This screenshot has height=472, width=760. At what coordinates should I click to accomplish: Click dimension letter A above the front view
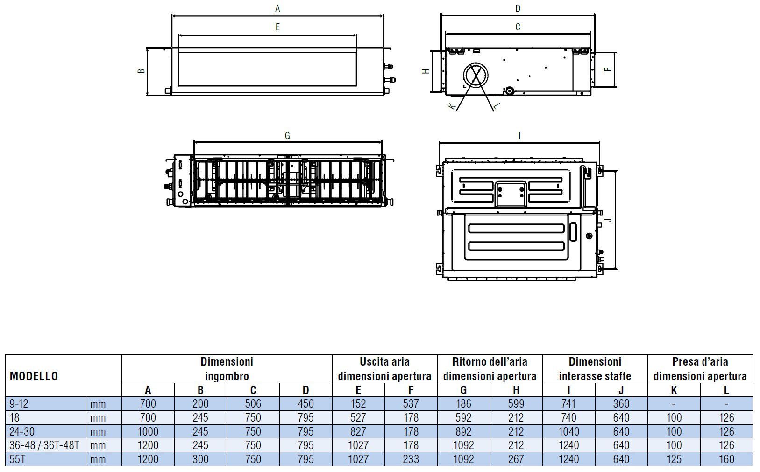coord(277,8)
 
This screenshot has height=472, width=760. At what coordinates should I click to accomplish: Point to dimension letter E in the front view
coord(277,28)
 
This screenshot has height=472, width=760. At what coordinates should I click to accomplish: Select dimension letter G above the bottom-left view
coord(287,136)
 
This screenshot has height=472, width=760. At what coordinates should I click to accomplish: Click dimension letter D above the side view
coord(518,8)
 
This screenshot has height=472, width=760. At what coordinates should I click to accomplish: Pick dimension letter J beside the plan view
coord(608,219)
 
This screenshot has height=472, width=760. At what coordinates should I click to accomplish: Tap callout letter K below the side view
coord(451,107)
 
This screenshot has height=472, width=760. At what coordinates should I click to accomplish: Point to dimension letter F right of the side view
coord(607,70)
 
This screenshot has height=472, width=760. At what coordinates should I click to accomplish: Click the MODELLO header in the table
coord(34,376)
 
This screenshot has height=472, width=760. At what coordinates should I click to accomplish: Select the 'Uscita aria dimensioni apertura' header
coord(384,368)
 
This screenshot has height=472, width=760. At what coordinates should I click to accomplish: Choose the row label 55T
coord(17,459)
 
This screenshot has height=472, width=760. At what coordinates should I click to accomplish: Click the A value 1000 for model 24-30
coord(148,431)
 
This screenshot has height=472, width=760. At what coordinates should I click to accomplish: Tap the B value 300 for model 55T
coord(200,459)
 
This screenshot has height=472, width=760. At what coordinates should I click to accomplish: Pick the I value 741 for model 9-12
coord(568,404)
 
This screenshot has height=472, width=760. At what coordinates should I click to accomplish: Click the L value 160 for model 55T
coord(726,459)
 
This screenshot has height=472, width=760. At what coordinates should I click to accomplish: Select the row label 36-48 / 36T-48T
coord(44,445)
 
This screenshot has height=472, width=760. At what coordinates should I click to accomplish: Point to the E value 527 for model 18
coord(358,418)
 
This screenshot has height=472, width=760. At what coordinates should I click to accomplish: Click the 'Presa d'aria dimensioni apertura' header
coord(700,368)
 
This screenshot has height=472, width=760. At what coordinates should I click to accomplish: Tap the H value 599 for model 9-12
coord(516,404)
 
